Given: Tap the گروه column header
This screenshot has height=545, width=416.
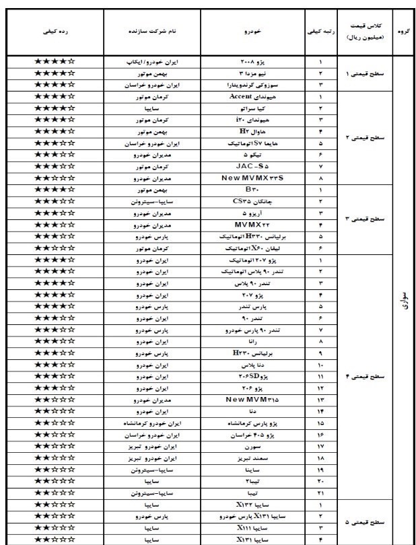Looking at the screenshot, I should coord(404,31).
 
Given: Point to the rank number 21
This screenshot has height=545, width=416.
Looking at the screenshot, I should coord(320,493).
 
